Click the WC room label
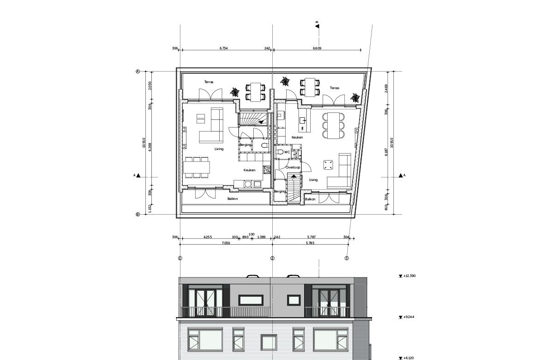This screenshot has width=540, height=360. pos(287,152)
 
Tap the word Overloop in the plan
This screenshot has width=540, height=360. pos(293,168)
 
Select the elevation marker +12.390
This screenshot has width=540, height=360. pos(407,276)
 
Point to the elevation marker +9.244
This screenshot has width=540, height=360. pos(406,317)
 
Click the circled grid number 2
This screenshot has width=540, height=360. pos(272,258)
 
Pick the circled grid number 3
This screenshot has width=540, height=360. pos(347,258)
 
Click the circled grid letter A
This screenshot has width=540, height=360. pos(138,72)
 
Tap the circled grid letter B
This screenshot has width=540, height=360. pos(138,214)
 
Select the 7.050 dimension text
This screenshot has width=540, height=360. pos(226,243)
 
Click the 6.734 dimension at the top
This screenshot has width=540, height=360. pos(223,48)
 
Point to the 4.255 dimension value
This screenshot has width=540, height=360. pos(208,237)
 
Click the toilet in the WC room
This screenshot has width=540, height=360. pos(280,152)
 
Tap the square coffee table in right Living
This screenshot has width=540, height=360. pos(328,165)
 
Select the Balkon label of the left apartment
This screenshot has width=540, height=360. pos(233,199)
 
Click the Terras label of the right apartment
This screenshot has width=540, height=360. pos(335,88)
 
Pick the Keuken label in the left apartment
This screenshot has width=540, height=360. pos(249,170)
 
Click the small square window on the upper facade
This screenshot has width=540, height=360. pos(294,300)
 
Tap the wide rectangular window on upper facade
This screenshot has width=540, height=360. pos(251,300)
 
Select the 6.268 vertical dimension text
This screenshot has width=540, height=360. pos(149,147)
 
